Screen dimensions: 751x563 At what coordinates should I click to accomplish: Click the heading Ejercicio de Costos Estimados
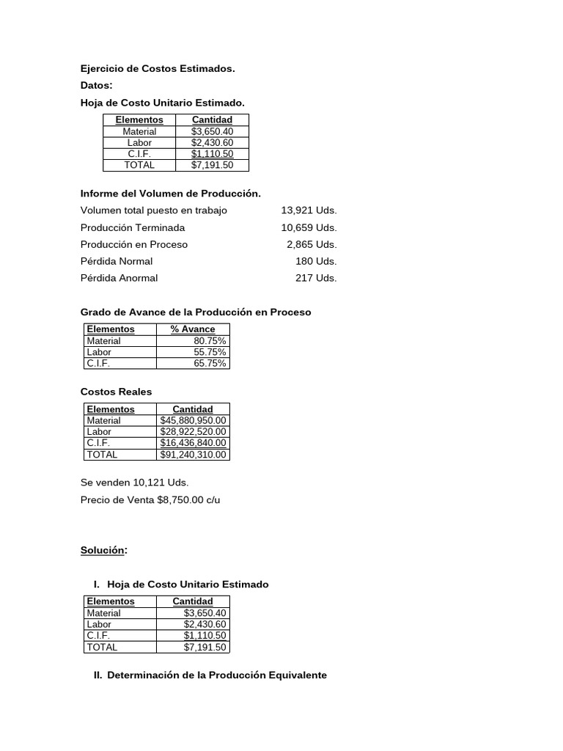[x=158, y=69]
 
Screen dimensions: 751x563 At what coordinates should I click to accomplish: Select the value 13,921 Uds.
[x=309, y=210]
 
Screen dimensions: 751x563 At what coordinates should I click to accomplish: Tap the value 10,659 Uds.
[x=309, y=227]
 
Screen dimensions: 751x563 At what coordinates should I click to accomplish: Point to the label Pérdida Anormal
[x=119, y=278]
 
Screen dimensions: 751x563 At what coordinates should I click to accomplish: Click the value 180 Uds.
[x=316, y=261]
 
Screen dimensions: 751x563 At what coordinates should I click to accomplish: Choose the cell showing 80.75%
[x=210, y=341]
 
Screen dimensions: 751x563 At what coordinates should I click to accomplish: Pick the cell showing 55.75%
[x=210, y=352]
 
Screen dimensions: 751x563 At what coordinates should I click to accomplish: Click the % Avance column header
[x=193, y=329]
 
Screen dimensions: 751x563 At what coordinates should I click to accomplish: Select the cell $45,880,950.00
[x=194, y=421]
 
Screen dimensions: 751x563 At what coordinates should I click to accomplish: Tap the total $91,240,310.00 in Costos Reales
[x=194, y=455]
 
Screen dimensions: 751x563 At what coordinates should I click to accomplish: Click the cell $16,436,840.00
[x=194, y=443]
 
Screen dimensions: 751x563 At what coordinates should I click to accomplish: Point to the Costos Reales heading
[x=116, y=392]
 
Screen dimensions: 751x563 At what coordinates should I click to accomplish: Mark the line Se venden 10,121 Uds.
[x=134, y=483]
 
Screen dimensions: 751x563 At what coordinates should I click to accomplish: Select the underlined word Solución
[x=103, y=550]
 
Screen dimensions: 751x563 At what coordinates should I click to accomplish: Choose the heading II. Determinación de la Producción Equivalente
[x=210, y=675]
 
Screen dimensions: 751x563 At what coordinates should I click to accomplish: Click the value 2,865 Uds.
[x=312, y=244]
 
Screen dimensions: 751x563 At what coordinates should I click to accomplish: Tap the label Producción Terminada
[x=133, y=227]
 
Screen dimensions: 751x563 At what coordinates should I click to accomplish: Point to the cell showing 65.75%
[x=210, y=363]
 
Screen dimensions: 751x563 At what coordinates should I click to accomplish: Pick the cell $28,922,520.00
[x=194, y=432]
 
